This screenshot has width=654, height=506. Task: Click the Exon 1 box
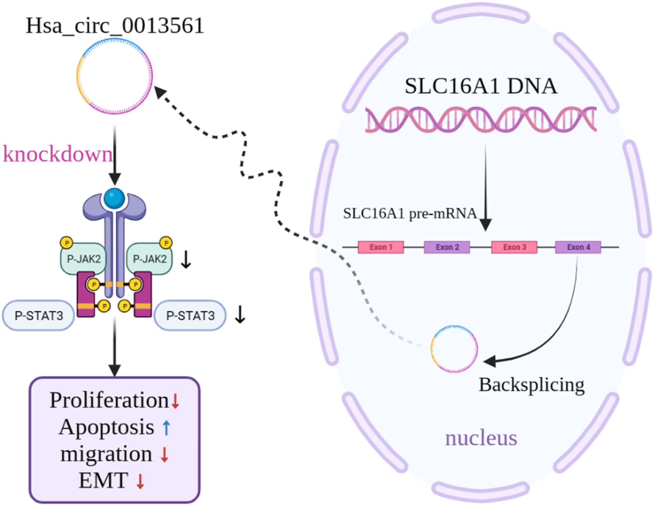coord(381,247)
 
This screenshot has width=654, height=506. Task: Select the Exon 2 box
coord(447,247)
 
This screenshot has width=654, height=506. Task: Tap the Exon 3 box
coord(514,247)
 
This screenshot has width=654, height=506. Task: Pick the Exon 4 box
coord(578,247)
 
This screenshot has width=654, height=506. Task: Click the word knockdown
coord(58,154)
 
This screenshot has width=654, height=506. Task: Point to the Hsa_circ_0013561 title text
coord(115,26)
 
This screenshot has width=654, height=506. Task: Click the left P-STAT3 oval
coord(39,316)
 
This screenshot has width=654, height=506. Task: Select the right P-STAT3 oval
coord(190,316)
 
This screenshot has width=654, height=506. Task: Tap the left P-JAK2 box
coord(84,259)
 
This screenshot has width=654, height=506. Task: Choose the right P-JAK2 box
coord(150,259)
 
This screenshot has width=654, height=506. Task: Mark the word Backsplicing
coord(531,385)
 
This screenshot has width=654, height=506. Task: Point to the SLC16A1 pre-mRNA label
coord(410,214)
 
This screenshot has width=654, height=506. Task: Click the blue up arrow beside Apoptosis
coord(166,428)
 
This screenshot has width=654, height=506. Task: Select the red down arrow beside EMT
coord(140,481)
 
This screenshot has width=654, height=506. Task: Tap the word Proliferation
coord(109,400)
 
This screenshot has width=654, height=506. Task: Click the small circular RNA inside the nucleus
coord(454,349)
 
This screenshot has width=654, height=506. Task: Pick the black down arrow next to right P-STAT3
coord(240,314)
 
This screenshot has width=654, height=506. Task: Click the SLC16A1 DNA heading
coord(481,86)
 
